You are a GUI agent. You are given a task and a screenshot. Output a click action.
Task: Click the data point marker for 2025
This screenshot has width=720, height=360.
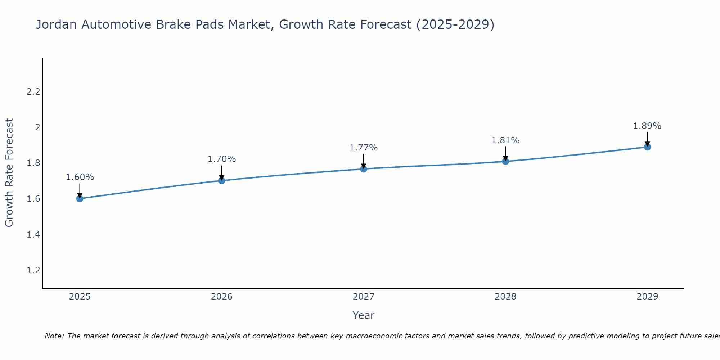pyautogui.click(x=80, y=198)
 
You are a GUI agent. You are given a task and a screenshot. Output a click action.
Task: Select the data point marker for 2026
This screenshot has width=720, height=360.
pyautogui.click(x=222, y=180)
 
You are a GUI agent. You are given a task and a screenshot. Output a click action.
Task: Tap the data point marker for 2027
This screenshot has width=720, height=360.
pyautogui.click(x=364, y=168)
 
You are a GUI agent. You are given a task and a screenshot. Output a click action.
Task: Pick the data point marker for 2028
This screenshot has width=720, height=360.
pyautogui.click(x=505, y=161)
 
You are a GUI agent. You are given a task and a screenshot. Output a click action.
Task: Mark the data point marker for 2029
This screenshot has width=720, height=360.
pyautogui.click(x=647, y=147)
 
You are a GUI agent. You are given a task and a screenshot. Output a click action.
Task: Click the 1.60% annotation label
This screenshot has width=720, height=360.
pyautogui.click(x=80, y=177)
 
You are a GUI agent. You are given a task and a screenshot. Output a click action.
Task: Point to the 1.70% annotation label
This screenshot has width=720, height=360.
pyautogui.click(x=222, y=159)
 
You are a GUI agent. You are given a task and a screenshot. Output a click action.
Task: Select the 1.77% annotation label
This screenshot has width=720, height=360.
pyautogui.click(x=364, y=148)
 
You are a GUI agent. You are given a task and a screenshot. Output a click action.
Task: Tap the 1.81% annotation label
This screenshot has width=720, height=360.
pyautogui.click(x=505, y=140)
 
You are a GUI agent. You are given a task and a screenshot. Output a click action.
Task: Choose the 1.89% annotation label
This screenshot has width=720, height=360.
pyautogui.click(x=647, y=126)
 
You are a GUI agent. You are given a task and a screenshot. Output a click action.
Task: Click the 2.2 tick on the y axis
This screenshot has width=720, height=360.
pyautogui.click(x=33, y=92)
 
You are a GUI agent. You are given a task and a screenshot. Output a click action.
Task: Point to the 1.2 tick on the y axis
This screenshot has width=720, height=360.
pyautogui.click(x=33, y=270)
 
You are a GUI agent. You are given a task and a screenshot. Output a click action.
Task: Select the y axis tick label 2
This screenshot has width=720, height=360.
pyautogui.click(x=37, y=127)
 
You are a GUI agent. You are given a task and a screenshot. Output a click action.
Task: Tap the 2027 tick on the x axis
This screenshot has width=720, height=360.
pyautogui.click(x=364, y=297)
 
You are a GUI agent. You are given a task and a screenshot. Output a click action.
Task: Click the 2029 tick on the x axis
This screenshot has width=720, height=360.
pyautogui.click(x=647, y=297)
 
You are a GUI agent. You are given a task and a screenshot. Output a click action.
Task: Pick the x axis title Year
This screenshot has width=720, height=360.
pyautogui.click(x=364, y=315)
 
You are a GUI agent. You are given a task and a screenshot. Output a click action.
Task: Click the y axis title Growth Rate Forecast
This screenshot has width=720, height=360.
pyautogui.click(x=9, y=173)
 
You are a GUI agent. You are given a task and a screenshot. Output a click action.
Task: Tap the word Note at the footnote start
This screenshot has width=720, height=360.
pyautogui.click(x=54, y=336)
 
